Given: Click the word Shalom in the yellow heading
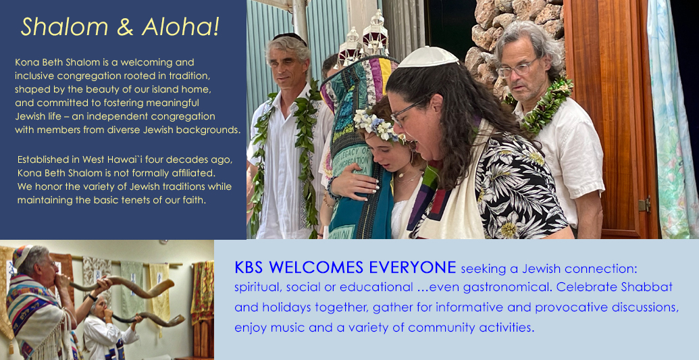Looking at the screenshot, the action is click(x=64, y=26).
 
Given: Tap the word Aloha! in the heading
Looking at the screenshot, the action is click(x=180, y=26).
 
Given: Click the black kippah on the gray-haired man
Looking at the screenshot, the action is click(x=290, y=37).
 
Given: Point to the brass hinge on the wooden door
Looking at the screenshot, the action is click(x=644, y=204).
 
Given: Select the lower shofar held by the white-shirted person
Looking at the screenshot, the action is click(x=148, y=318).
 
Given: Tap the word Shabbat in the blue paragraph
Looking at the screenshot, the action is click(x=646, y=287).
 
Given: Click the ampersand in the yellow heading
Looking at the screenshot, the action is click(x=125, y=27).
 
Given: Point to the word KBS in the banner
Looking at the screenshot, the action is click(x=249, y=267).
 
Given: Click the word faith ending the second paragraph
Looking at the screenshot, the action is click(x=195, y=201).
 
